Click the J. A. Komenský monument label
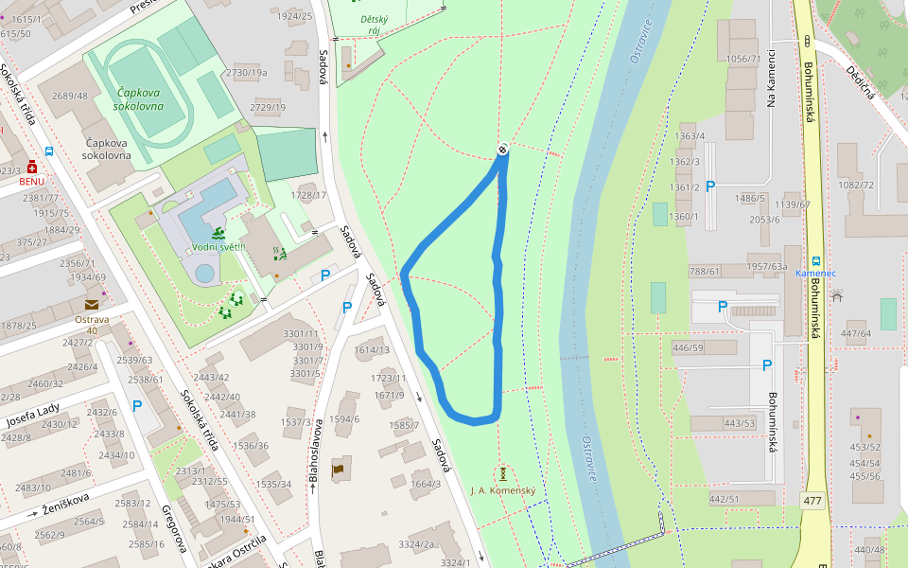[x=503, y=489]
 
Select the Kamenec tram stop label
[x=815, y=273]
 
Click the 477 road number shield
[x=812, y=500]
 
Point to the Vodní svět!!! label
[x=218, y=247]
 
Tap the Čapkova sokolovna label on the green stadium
[x=138, y=99]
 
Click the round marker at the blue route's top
[x=503, y=149]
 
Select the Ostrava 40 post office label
[x=92, y=325]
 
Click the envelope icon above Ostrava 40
[x=92, y=305]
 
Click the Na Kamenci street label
[x=771, y=77]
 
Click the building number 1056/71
[x=743, y=59]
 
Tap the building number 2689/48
[x=69, y=96]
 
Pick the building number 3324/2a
[x=416, y=544]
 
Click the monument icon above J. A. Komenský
[x=504, y=472]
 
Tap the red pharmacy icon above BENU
[x=32, y=166]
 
